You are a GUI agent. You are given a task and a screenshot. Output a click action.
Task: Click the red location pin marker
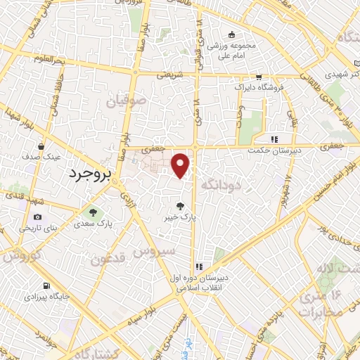pyautogui.click(x=181, y=165)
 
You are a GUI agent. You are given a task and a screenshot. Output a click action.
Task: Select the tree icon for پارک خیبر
pyautogui.click(x=181, y=206)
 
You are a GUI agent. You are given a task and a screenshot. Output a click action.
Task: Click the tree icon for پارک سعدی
pyautogui.click(x=91, y=212)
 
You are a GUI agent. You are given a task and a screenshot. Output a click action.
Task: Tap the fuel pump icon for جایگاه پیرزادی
pyautogui.click(x=46, y=286)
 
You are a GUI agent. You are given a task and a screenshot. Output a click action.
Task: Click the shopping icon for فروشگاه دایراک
pyautogui.click(x=259, y=77)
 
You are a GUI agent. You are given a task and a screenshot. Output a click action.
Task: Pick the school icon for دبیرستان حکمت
pyautogui.click(x=275, y=139)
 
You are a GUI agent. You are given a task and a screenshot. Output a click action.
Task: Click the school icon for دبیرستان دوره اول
pyautogui.click(x=200, y=266)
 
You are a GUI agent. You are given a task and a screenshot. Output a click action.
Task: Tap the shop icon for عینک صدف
pyautogui.click(x=41, y=147)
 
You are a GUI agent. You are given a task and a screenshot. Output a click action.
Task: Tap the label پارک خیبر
pyautogui.click(x=181, y=218)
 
